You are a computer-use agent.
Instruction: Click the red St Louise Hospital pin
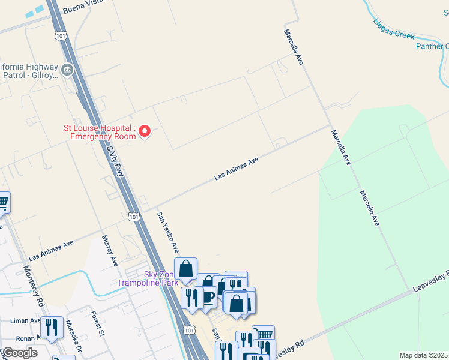pos(144,131)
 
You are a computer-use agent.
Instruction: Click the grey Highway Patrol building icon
pos(67,70)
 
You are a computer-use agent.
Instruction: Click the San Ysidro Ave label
pos(168,232)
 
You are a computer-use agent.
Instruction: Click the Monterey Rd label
pos(32,286)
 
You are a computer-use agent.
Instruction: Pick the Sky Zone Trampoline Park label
pos(147,278)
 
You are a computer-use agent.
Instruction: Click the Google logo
pos(20,353)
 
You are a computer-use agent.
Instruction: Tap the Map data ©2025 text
pos(424,355)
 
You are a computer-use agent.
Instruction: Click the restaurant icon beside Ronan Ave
pos(52,328)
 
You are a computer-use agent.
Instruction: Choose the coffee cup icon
pos(208,296)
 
